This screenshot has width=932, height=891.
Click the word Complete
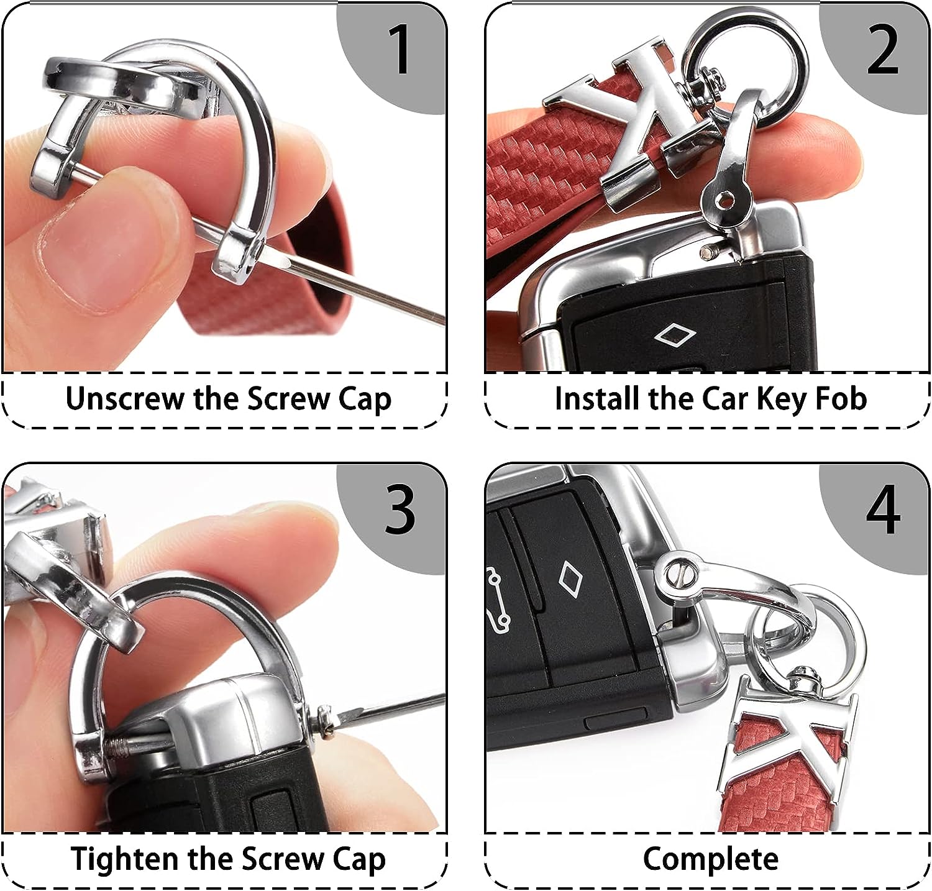[x=710, y=860]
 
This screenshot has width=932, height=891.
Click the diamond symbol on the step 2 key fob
[x=675, y=336]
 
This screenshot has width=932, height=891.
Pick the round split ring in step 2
[x=746, y=62]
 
